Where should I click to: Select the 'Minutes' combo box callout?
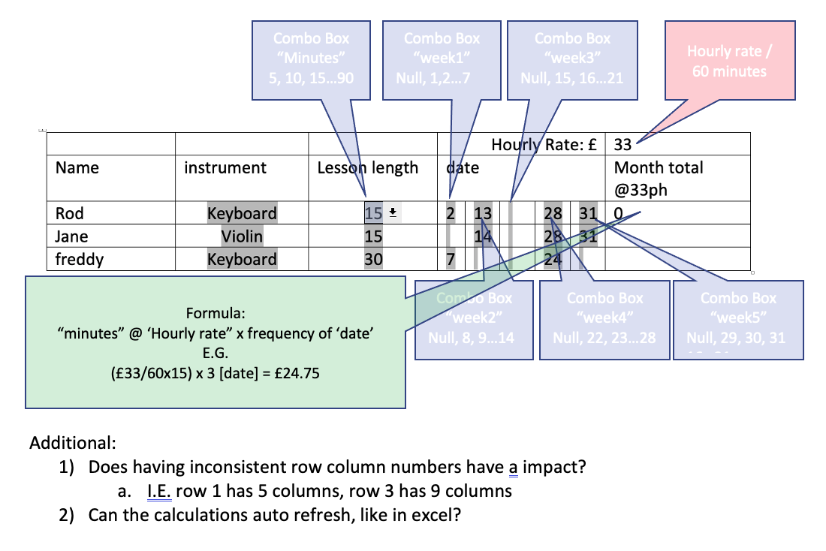pos(311,57)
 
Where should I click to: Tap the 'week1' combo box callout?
pos(442,57)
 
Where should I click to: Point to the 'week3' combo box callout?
pos(572,57)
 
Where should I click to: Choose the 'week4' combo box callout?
pos(604,318)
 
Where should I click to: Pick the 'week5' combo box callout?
pos(738,318)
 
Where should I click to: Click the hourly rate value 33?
pos(623,144)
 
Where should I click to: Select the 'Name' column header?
pos(77,167)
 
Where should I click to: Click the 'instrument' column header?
pos(225,167)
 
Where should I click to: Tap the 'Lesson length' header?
pos(368,167)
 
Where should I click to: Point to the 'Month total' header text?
pos(659,167)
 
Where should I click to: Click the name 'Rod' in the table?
pos(70,213)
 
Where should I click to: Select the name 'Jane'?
pos(72,236)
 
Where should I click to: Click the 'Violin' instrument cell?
pos(242,236)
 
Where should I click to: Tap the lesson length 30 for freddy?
pos(373,260)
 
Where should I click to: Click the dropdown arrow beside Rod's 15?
pos(392,213)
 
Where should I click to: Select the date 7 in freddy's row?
pos(451,260)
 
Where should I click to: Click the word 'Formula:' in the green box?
pos(216,312)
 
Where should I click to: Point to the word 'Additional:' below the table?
pos(72,442)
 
